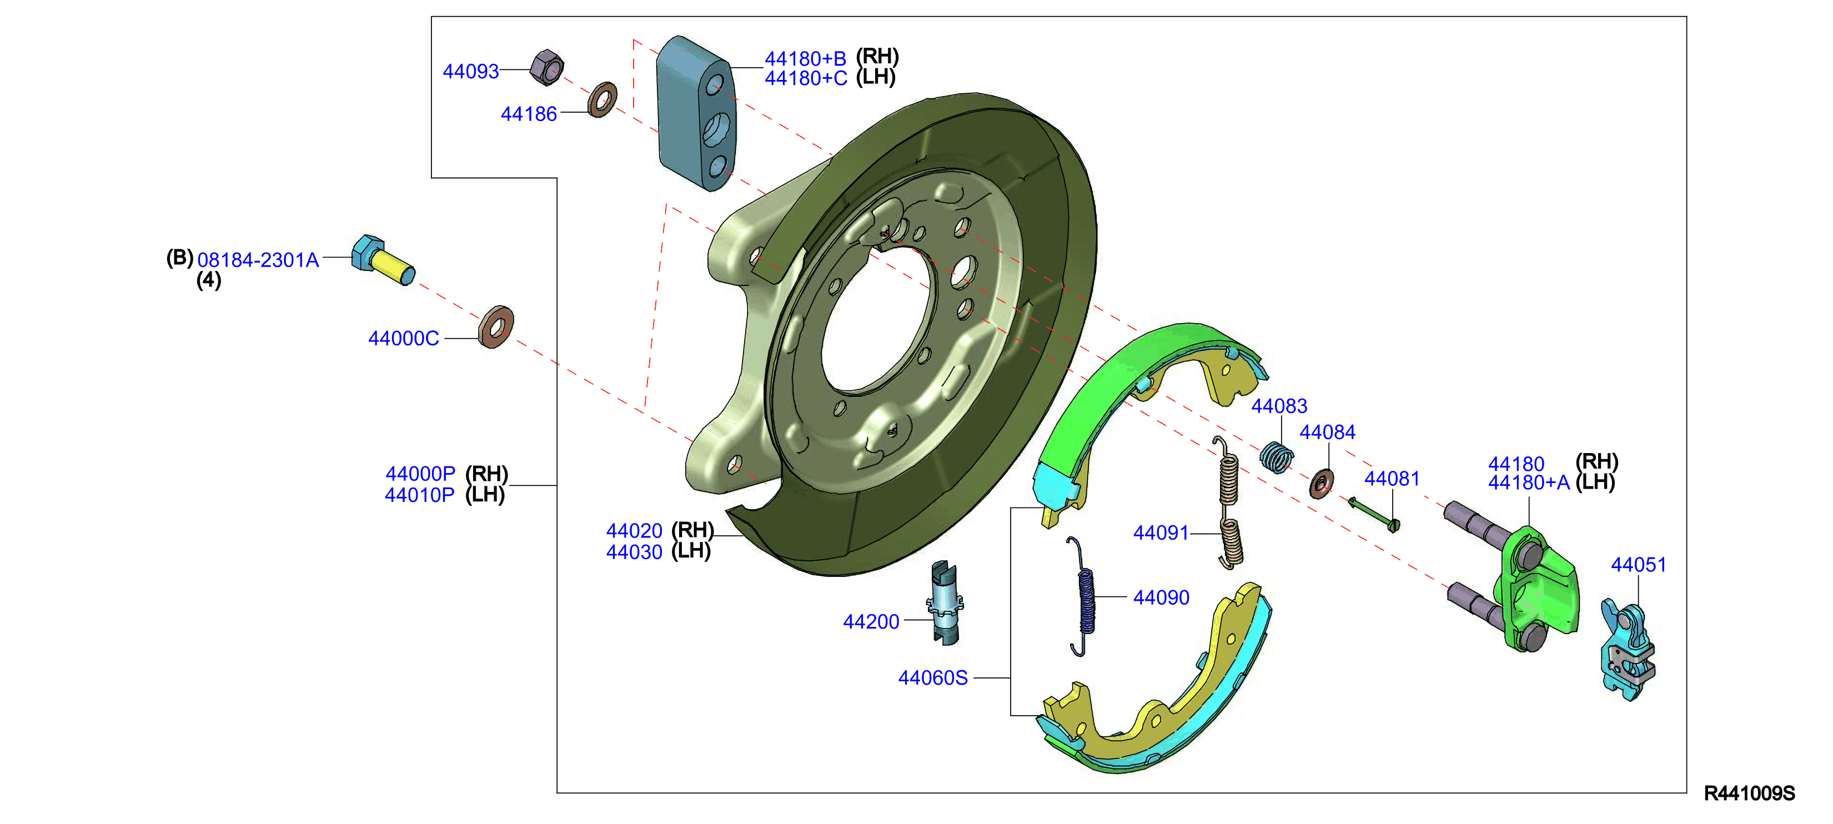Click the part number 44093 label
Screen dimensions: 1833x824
[x=470, y=71]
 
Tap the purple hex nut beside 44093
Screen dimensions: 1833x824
[x=546, y=68]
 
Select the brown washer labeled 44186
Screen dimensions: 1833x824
[x=602, y=99]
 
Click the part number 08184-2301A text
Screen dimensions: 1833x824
[x=258, y=260]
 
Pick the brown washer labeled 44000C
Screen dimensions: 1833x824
[x=496, y=327]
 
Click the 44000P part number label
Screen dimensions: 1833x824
[x=420, y=473]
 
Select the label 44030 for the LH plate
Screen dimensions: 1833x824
[x=634, y=551]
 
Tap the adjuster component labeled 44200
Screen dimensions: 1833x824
[x=945, y=604]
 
